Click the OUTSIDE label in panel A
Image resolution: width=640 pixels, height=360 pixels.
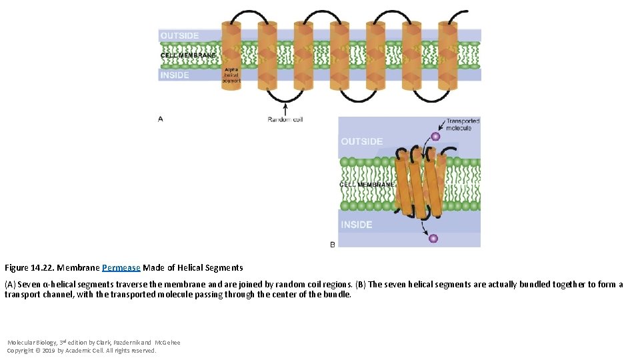click(179, 35)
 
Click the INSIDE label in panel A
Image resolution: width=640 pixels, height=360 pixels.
click(175, 75)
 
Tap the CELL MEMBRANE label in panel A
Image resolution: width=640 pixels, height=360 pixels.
click(189, 55)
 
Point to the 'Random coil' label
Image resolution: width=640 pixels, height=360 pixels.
click(285, 119)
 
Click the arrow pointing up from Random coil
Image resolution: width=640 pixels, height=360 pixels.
click(286, 107)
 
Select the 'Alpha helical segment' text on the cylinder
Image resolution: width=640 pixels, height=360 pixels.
click(231, 75)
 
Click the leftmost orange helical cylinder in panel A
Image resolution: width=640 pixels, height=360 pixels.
click(231, 53)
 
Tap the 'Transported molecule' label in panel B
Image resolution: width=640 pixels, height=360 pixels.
click(463, 125)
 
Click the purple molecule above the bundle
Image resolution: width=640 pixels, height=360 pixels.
click(435, 137)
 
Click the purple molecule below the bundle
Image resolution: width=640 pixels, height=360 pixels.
click(433, 238)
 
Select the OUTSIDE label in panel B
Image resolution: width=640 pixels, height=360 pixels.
click(362, 141)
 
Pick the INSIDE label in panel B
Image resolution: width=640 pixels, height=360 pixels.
click(357, 225)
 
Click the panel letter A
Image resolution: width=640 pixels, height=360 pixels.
click(161, 119)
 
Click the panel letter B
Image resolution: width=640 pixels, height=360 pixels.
click(333, 245)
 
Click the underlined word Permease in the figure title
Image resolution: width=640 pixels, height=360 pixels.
click(121, 268)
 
